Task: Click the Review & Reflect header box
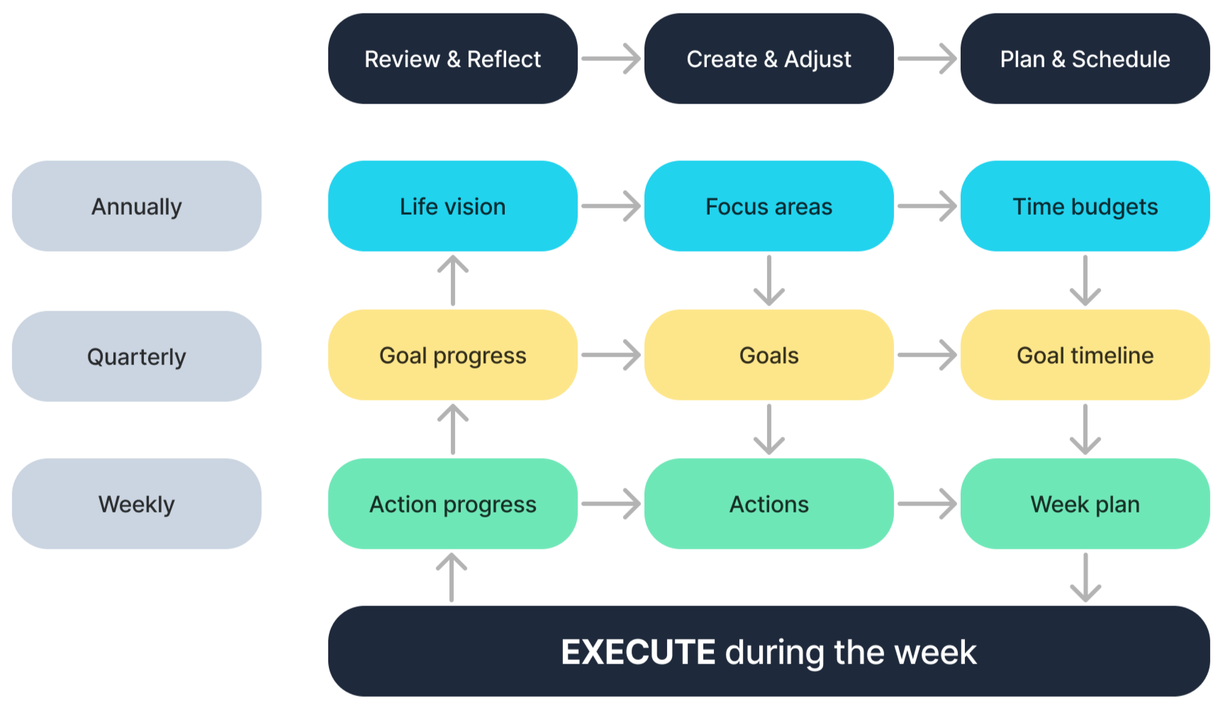452,59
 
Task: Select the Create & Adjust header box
769,59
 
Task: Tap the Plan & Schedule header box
1085,59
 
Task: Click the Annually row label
136,206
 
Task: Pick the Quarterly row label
136,356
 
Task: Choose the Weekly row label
136,504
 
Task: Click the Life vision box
452,206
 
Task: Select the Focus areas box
769,206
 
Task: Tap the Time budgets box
1085,206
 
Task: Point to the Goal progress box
452,355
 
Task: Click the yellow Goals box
769,355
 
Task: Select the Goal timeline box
1085,355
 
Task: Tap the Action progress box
452,504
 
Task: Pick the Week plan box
1085,504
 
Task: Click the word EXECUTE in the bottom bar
638,652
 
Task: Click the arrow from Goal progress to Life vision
452,281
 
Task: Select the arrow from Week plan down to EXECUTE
1085,577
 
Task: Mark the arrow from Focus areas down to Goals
769,281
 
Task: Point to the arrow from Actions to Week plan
927,504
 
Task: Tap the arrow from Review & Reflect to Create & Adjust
610,59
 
